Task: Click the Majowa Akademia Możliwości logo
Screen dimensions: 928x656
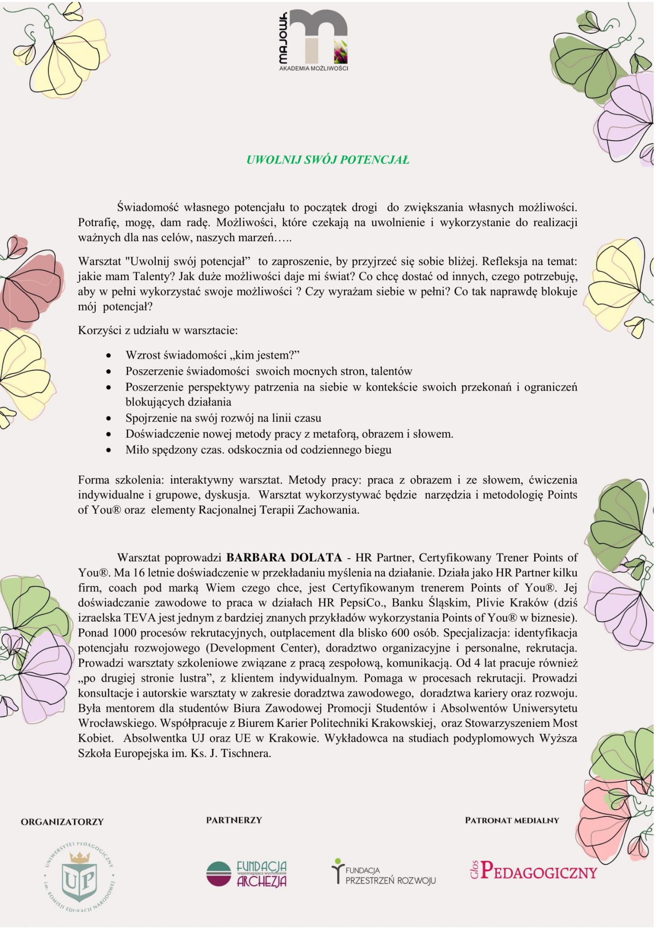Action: [313, 39]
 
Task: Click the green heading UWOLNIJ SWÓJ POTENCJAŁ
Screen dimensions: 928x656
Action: [328, 160]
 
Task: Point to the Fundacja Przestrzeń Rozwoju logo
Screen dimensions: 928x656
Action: [384, 872]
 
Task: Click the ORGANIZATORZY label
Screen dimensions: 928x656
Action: [63, 822]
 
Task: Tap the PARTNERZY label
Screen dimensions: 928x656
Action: [234, 820]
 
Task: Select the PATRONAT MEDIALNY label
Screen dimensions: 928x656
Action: [512, 821]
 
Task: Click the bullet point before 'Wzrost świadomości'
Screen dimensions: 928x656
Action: [108, 355]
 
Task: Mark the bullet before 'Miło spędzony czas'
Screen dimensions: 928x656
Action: [108, 451]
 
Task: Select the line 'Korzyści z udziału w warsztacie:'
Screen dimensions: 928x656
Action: [158, 330]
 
